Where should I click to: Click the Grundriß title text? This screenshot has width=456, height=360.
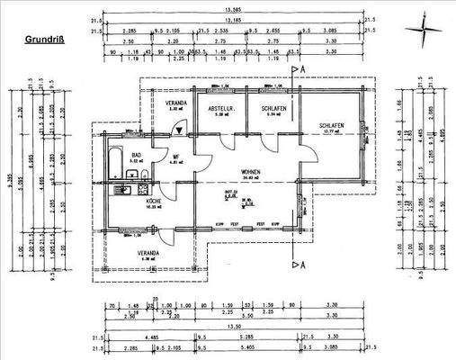[x=43, y=40]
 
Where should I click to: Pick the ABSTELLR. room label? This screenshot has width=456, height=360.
[x=221, y=108]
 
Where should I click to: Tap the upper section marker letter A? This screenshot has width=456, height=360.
[x=306, y=68]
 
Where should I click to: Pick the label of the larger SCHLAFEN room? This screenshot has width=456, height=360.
[x=332, y=125]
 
